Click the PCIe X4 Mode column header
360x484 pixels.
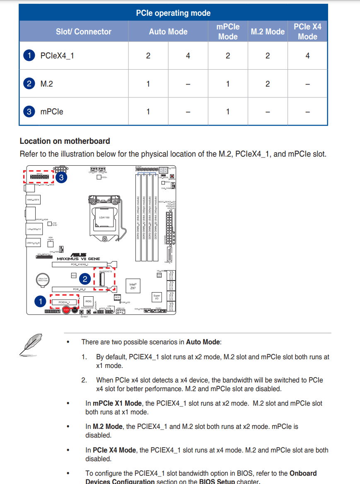point(307,31)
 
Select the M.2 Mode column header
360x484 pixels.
point(268,31)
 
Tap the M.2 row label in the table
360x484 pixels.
point(46,84)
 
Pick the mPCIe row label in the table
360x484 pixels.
point(51,111)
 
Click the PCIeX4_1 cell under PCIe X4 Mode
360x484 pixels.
point(307,56)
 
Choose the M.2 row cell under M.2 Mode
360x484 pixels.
point(268,84)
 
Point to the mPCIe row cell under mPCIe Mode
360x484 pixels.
point(228,111)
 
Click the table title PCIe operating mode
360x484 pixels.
point(173,13)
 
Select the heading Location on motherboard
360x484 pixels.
point(65,141)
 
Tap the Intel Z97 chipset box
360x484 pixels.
point(133,286)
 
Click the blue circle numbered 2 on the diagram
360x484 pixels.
point(85,278)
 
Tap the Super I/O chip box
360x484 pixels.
point(157,297)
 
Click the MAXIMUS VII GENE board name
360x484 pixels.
point(78,259)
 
